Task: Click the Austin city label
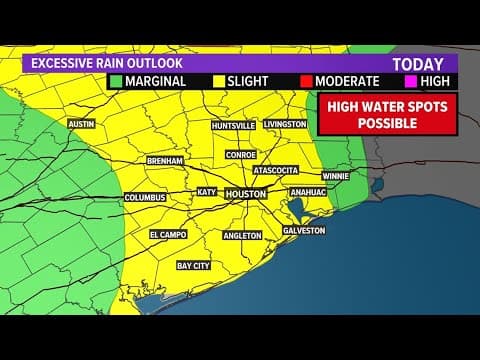point(80,124)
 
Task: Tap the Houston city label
point(245,193)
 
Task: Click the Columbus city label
point(144,198)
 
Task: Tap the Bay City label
point(193,266)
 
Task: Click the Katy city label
point(207,191)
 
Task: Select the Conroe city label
point(241,155)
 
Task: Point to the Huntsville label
point(233,125)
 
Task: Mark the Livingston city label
point(287,124)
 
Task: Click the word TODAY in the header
point(418,62)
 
